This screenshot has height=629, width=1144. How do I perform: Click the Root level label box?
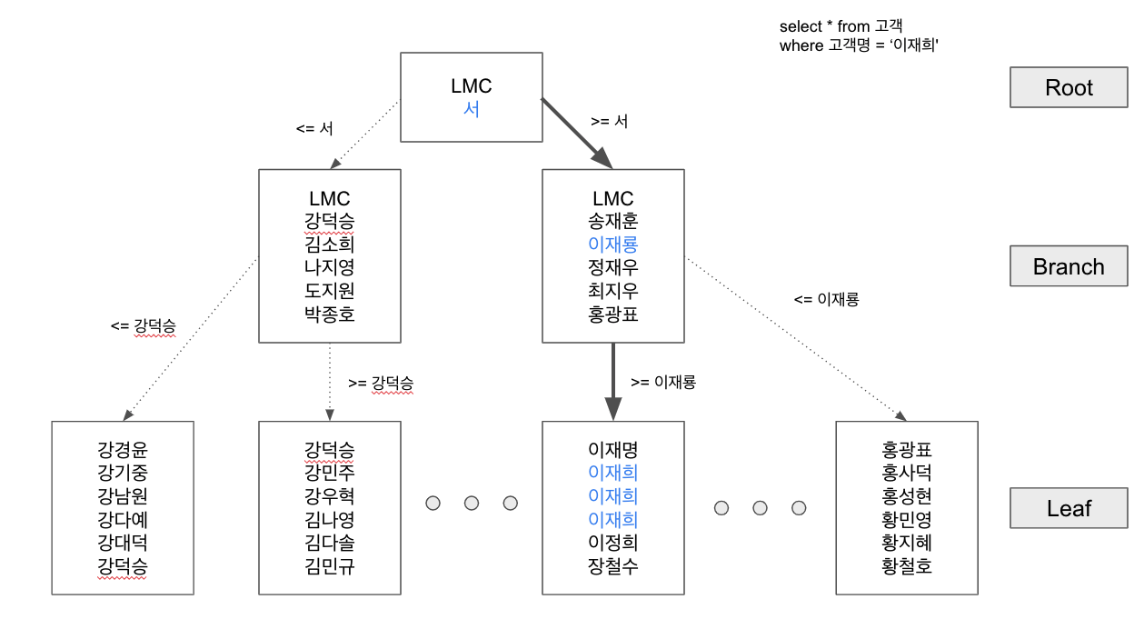tap(1069, 88)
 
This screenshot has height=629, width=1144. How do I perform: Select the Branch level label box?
tap(1069, 267)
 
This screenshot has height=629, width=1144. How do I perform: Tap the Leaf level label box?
tap(1069, 508)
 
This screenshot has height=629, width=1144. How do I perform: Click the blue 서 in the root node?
tap(472, 109)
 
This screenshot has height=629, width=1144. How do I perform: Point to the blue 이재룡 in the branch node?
tap(613, 245)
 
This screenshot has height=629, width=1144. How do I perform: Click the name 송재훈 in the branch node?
tap(613, 221)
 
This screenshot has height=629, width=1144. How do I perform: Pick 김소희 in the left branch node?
tap(329, 245)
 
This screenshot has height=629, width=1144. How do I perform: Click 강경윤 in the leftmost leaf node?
tap(123, 450)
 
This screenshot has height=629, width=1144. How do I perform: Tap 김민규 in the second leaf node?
tap(329, 566)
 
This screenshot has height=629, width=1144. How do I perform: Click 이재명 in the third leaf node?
tap(613, 450)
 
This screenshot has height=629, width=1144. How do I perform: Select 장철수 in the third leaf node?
tap(613, 566)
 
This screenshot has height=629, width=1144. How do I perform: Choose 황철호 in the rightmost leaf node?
tap(907, 566)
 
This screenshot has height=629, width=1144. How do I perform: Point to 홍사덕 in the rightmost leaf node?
tap(907, 473)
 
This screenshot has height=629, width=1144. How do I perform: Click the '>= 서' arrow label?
tap(610, 121)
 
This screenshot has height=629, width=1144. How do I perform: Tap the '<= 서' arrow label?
tap(314, 129)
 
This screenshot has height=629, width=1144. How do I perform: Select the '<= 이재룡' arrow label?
tap(826, 299)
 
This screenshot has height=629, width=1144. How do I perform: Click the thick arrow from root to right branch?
tap(577, 133)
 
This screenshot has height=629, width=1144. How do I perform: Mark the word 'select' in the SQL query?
tap(799, 27)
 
